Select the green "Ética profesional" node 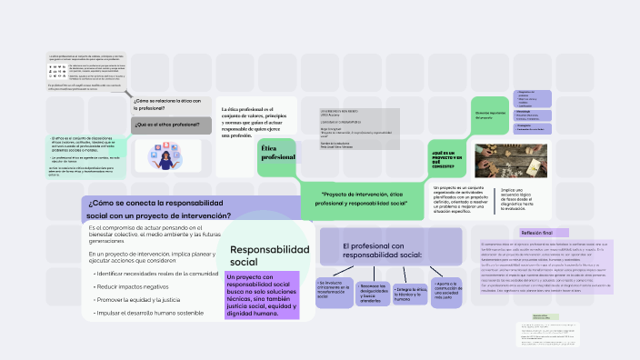coord(277,152)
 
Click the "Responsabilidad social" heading coord(269,255)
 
